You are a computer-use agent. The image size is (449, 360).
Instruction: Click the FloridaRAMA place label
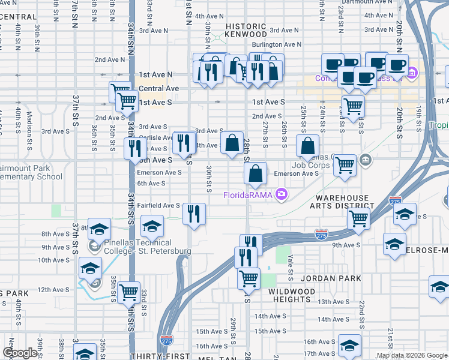click(247, 194)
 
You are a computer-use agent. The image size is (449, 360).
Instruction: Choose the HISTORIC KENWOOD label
click(246, 31)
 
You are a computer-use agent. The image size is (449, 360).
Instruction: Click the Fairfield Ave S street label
click(158, 205)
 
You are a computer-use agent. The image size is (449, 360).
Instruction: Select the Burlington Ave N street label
click(276, 44)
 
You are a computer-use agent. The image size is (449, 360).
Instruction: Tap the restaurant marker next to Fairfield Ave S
click(194, 214)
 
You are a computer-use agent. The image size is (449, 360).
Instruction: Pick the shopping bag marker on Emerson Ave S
click(256, 173)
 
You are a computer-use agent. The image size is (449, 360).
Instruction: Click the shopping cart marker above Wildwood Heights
click(249, 278)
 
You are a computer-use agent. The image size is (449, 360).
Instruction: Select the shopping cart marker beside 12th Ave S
click(128, 292)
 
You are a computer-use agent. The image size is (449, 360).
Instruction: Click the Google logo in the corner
click(20, 353)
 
